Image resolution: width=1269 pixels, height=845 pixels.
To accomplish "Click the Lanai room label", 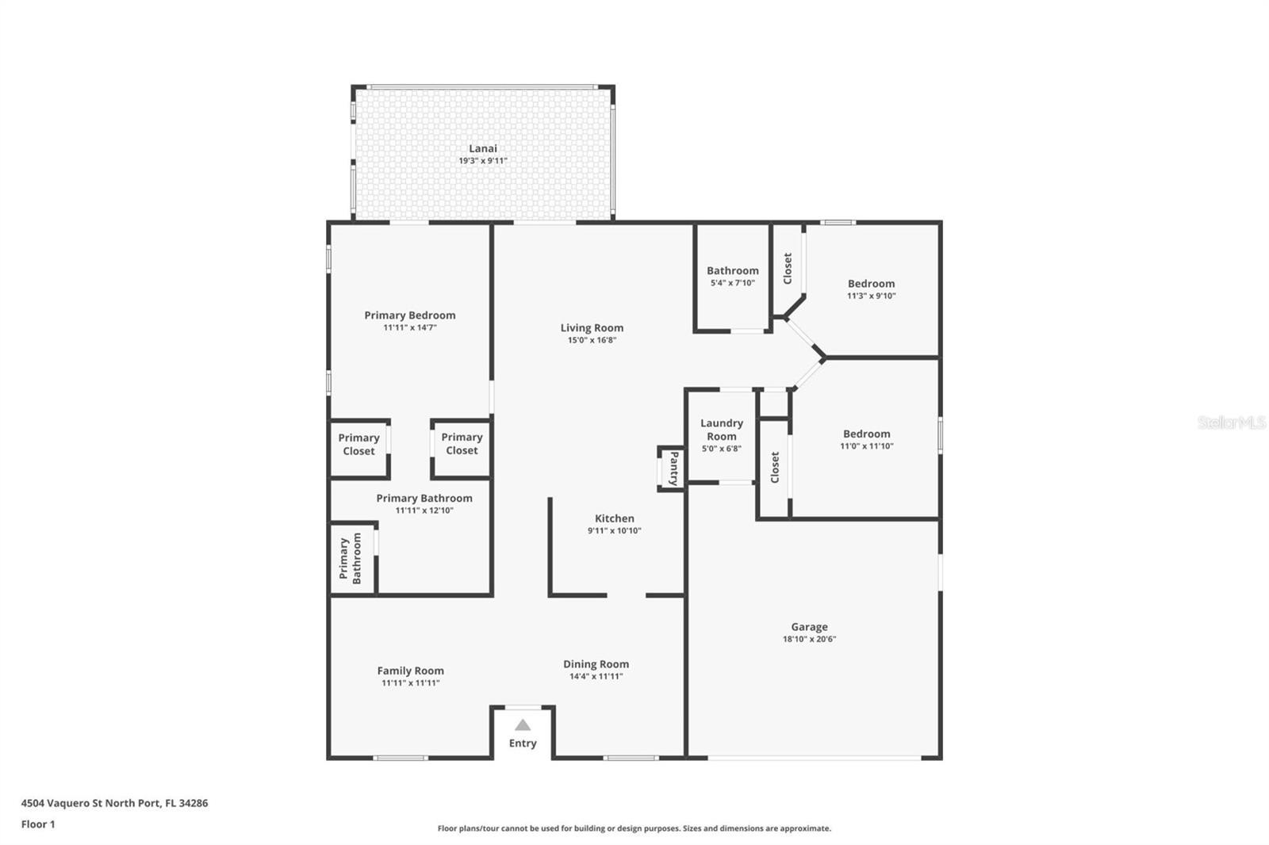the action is (483, 148).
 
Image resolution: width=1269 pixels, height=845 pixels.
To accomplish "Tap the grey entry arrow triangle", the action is (523, 725).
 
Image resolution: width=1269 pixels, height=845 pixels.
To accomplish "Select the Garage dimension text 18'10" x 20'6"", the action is (809, 639).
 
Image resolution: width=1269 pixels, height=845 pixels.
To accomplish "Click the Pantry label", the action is (673, 468).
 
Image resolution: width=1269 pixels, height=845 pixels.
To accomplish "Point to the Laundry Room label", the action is (721, 430).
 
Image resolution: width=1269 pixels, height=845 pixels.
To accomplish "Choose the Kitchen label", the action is (614, 518).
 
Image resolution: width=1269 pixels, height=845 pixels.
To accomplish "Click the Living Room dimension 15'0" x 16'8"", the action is (592, 340).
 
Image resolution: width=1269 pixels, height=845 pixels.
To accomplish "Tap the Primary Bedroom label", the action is (409, 315).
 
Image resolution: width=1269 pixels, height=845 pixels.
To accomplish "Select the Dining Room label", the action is (596, 663).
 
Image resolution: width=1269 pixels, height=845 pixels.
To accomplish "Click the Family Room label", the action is (410, 671).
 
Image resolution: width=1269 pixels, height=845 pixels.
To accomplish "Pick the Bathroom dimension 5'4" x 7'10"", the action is (733, 283).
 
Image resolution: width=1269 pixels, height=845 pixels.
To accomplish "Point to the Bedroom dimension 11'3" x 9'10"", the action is (871, 296).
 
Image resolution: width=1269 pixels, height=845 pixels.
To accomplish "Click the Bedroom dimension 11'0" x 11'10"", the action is (866, 445).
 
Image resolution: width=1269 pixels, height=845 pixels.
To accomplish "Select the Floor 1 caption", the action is (38, 824).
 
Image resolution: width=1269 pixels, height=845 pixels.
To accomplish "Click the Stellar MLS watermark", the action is (1232, 422).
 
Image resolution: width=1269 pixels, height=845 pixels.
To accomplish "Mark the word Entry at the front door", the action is (523, 743).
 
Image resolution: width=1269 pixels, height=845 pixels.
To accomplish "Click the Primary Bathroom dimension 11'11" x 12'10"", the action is (424, 510).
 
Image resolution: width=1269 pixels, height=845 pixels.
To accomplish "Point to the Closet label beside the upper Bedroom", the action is (787, 269).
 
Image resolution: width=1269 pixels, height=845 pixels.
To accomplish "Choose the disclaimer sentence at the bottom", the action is (634, 828).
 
